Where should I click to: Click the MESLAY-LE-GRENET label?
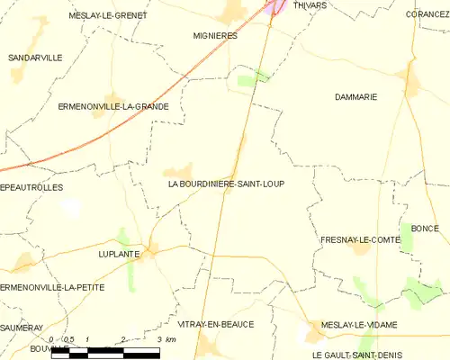click(108, 15)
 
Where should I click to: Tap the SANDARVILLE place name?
click(35, 58)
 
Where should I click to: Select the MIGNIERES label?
click(215, 35)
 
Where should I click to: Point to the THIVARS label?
click(310, 5)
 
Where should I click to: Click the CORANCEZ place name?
click(427, 14)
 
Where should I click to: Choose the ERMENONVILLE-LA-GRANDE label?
click(112, 106)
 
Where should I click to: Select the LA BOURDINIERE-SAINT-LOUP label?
click(226, 184)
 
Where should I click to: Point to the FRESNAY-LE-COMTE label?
click(359, 240)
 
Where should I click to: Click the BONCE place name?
click(425, 229)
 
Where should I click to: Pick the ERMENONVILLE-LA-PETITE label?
click(52, 287)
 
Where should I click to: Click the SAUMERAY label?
click(22, 328)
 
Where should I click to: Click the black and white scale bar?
click(104, 352)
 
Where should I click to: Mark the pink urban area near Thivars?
click(278, 7)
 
